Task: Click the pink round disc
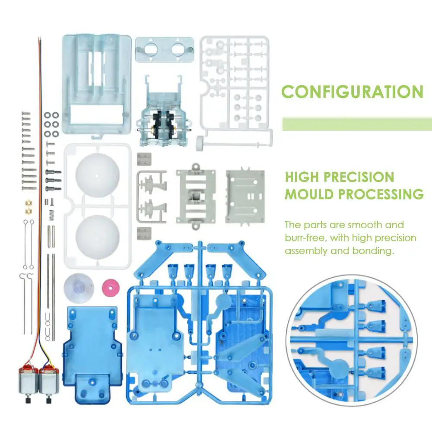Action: [111, 288]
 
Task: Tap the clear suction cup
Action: [79, 288]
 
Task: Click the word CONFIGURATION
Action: [353, 92]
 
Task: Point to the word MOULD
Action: [309, 194]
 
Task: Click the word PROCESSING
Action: [381, 194]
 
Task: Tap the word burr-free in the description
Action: [305, 238]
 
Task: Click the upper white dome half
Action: [98, 175]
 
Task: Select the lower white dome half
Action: [98, 237]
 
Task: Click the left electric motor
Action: [29, 381]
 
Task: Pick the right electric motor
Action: [49, 381]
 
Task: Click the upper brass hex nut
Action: [29, 203]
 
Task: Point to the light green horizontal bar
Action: [357, 124]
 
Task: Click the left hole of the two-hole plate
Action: [151, 50]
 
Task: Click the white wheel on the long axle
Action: [201, 143]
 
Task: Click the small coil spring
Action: [51, 216]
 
